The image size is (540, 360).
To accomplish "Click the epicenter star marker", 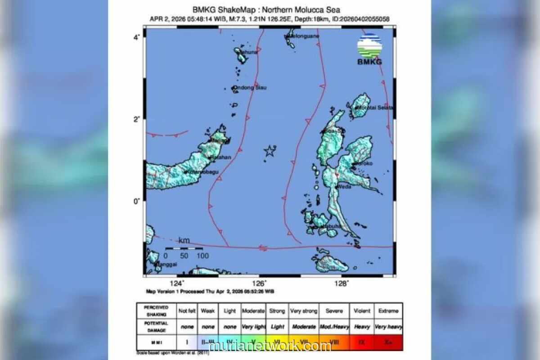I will [269, 151].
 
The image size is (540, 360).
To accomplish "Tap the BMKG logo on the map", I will [369, 49].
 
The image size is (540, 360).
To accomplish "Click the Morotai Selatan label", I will [375, 108].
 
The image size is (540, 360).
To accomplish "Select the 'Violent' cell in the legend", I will [361, 311].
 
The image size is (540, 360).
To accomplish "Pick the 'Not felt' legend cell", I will [187, 311].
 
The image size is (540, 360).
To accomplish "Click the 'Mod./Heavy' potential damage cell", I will [334, 327].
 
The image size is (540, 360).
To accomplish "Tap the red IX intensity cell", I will [361, 342].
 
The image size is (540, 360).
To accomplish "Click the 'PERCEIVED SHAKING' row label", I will [156, 311].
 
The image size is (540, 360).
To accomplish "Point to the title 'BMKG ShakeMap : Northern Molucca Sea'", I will [266, 9].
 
